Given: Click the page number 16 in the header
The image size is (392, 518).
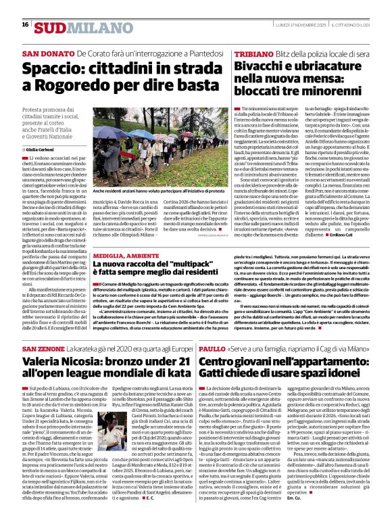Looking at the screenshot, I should click(x=25, y=24).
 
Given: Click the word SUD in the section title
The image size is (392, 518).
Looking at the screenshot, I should click(x=51, y=26).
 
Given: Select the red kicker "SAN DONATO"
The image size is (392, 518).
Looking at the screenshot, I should click(x=47, y=54).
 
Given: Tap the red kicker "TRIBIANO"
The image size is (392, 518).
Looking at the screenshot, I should click(x=256, y=53).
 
